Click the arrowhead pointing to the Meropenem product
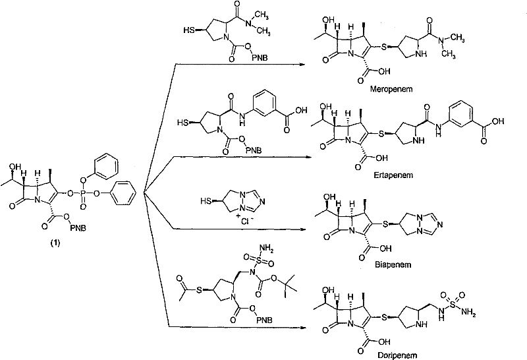(x=304, y=64)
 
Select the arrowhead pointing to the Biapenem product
(x=304, y=229)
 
